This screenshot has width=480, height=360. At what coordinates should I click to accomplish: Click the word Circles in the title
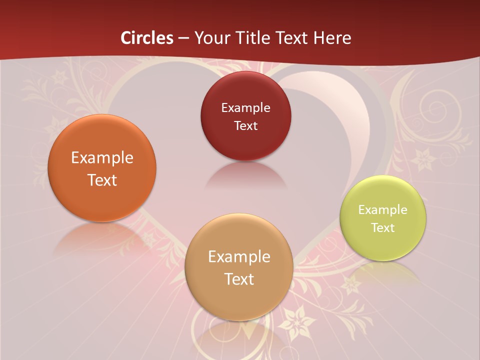147,38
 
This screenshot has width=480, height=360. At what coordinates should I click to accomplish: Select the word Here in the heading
332,38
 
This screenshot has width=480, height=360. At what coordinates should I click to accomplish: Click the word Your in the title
212,38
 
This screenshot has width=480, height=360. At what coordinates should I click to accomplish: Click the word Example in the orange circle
102,158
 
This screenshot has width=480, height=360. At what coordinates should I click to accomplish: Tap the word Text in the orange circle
102,180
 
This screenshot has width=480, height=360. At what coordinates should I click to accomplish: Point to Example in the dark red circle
246,108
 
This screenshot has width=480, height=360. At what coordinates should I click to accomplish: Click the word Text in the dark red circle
246,126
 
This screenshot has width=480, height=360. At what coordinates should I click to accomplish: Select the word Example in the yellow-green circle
383,210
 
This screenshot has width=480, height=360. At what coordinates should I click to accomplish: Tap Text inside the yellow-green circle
383,228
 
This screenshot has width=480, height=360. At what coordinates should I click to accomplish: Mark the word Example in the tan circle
239,257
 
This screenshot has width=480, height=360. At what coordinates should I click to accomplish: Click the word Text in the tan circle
239,279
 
